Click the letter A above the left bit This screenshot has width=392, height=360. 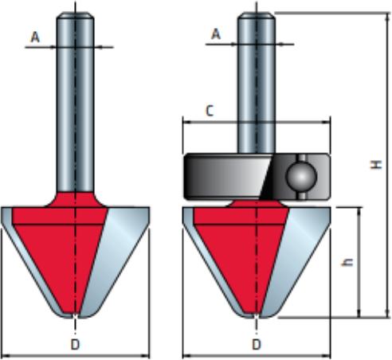[x=35, y=37]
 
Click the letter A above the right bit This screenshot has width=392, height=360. [x=216, y=34]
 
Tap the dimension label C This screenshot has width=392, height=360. [x=210, y=111]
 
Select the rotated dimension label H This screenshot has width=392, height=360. [x=376, y=165]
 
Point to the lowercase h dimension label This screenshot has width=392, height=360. [x=347, y=262]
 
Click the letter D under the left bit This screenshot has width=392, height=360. [x=75, y=345]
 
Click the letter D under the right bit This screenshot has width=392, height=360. [x=257, y=345]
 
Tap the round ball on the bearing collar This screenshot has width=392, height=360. [x=301, y=176]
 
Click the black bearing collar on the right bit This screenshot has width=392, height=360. [x=257, y=177]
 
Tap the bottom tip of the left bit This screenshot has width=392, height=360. [x=75, y=316]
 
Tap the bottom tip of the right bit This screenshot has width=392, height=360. [x=257, y=316]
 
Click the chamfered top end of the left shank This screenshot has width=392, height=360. [x=75, y=15]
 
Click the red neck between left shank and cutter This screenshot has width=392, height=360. [x=75, y=199]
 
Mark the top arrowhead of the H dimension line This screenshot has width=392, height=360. [x=386, y=17]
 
